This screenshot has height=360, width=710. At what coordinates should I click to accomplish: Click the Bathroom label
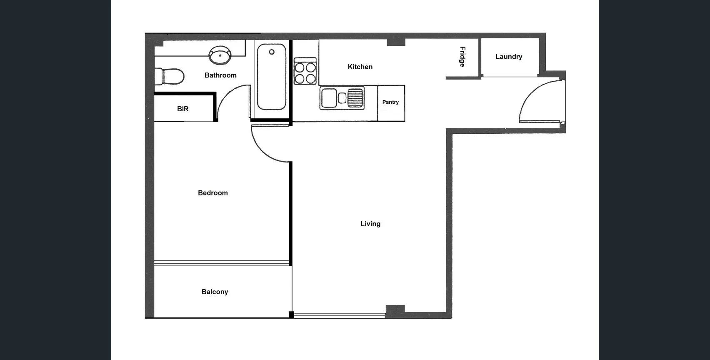tap(220, 75)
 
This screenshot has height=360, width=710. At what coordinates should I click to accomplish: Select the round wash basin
tap(220, 55)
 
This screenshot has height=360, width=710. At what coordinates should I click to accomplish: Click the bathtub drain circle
tap(272, 52)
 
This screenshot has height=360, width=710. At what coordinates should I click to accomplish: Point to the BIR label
tap(182, 109)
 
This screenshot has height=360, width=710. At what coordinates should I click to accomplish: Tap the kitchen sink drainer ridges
tap(355, 98)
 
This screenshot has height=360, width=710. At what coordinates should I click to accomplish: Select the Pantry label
tap(390, 102)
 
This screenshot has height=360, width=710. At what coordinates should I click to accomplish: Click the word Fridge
tap(462, 57)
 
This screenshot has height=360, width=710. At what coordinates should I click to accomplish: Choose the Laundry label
tap(509, 57)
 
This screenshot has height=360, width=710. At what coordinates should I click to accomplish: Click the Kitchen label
tap(360, 67)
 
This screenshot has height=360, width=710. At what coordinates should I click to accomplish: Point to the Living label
tap(370, 224)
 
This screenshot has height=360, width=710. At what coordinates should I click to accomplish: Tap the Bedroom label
tap(212, 193)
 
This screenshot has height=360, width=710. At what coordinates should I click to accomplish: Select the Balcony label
tap(215, 292)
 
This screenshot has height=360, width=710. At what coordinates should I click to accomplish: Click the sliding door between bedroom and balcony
tap(221, 263)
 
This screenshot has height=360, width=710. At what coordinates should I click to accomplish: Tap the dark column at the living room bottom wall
tap(395, 311)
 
